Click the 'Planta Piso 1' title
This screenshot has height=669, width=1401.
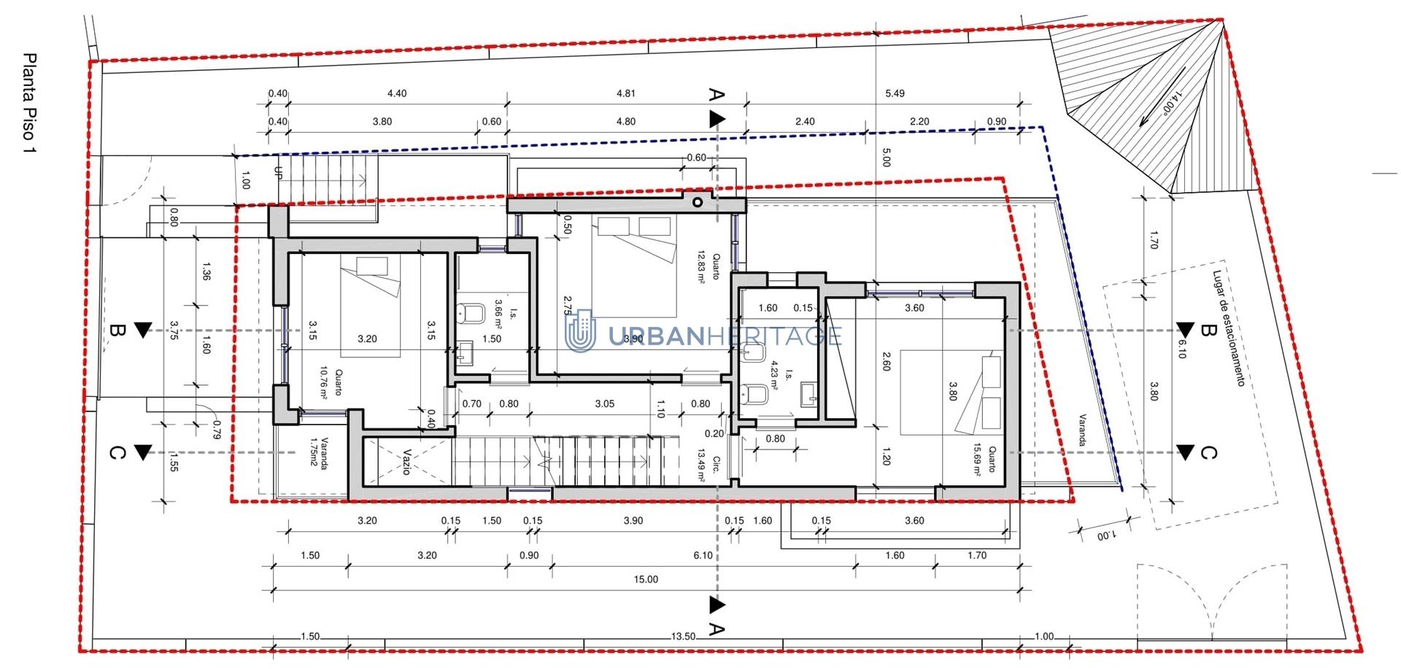30,103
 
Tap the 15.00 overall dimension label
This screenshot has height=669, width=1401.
646,579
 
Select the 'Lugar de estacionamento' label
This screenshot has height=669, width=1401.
1228,328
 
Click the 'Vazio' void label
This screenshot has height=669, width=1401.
406,462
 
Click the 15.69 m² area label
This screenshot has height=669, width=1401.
978,460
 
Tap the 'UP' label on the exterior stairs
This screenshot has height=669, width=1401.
277,173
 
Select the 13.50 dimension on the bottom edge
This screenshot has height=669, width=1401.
683,637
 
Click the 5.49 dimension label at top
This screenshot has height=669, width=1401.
895,93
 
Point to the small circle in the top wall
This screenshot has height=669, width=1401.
698,202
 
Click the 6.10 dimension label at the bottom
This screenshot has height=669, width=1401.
703,555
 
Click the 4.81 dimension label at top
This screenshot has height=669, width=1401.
626,93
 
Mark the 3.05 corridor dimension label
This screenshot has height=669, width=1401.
605,403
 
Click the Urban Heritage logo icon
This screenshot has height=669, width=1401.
582,331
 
